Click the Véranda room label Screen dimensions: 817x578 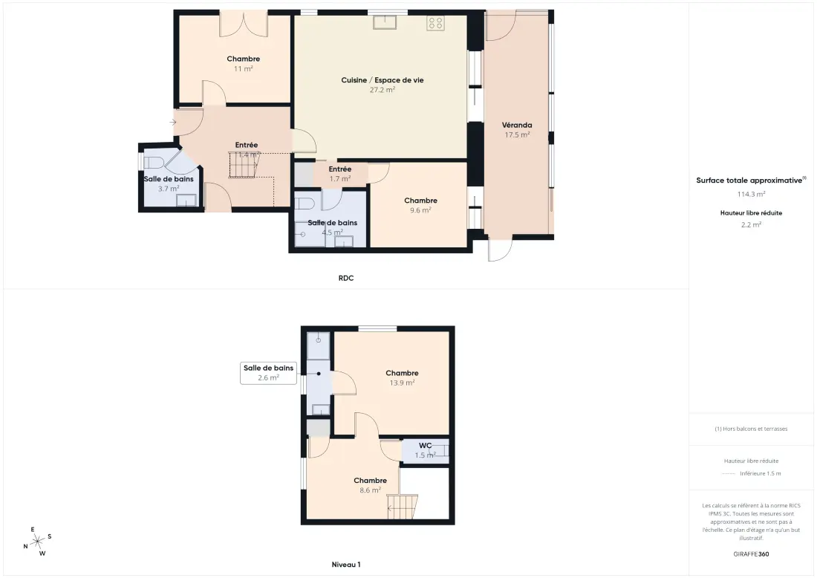pos(517,125)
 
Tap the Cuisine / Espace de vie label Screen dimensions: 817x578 pos(383,80)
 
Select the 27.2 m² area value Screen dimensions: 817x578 pos(383,90)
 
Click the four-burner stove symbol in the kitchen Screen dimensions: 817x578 pos(435,23)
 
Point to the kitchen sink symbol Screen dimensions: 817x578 pos(385,22)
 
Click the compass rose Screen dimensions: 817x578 pos(38,542)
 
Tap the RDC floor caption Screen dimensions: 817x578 pos(346,279)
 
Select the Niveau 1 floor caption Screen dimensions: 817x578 pos(346,565)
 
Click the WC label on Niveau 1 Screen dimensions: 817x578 pos(425,446)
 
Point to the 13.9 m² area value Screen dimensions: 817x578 pos(403,383)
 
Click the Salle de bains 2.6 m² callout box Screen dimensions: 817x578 pos(268,373)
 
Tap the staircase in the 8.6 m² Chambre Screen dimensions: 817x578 pos(403,507)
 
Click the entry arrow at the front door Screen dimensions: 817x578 pos(173,123)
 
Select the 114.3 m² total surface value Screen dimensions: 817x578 pos(751,194)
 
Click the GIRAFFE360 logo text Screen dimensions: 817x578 pos(751,554)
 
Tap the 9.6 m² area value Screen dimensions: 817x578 pos(420,210)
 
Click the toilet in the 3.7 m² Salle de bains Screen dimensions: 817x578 pos(154,163)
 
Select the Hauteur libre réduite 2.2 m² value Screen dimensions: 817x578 pos(751,224)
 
